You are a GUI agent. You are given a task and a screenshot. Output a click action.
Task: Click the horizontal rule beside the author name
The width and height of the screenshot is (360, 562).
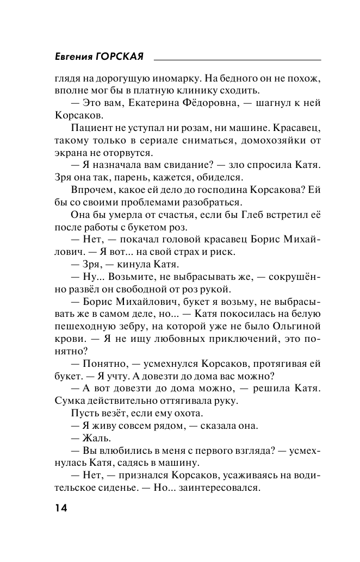coord(237,59)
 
